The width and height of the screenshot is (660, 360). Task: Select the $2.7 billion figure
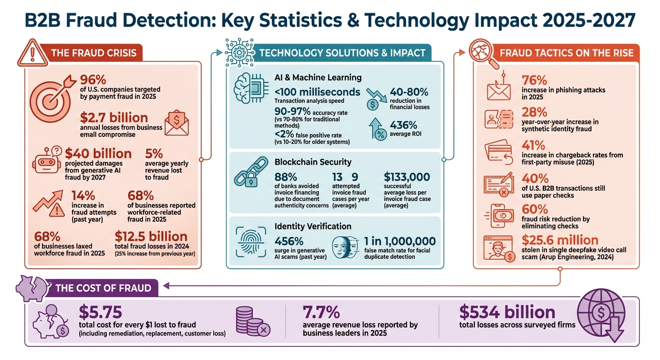[x=114, y=117]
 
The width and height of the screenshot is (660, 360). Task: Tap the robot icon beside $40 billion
[x=47, y=159]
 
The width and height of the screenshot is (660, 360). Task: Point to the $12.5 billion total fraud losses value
[x=151, y=236]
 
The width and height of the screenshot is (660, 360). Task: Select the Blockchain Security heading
[x=313, y=162]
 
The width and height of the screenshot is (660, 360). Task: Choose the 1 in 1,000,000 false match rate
[x=399, y=241]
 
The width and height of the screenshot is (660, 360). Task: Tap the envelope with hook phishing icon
[x=498, y=87]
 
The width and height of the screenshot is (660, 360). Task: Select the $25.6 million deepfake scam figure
[x=560, y=240]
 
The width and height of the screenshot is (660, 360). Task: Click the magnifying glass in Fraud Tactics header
[x=482, y=52]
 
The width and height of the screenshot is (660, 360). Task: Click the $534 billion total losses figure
[x=507, y=312]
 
